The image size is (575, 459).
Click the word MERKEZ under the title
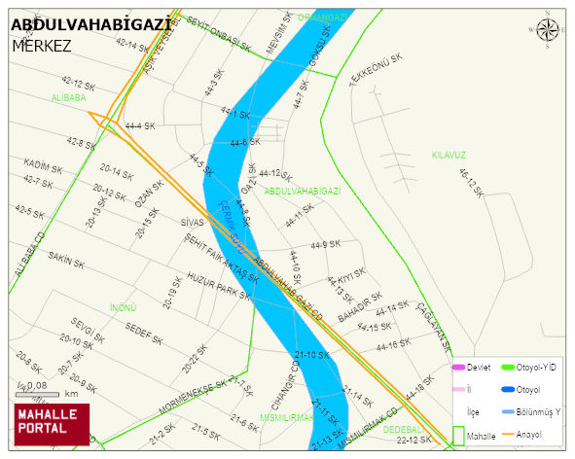point(43,46)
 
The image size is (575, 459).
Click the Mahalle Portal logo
point(51,424)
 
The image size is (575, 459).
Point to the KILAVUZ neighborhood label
point(449,155)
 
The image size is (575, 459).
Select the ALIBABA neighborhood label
point(69,97)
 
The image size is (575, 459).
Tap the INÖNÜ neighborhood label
point(124,307)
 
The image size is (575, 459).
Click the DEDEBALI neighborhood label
point(403,429)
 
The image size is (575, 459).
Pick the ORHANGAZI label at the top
point(321,18)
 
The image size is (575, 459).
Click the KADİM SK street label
point(43,166)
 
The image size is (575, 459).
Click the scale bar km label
point(71,394)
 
